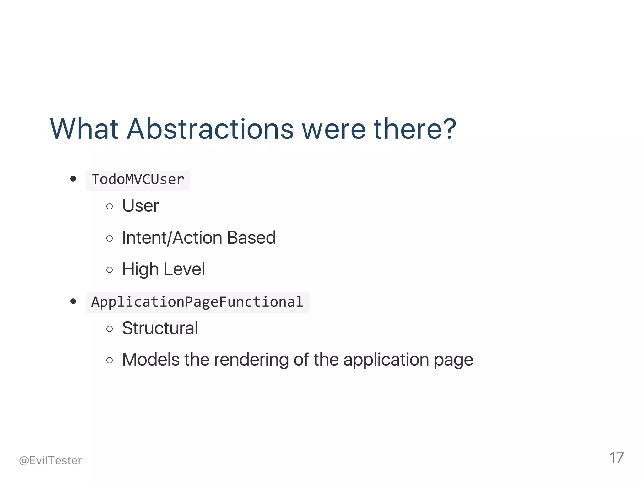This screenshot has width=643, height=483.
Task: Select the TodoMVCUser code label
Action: pos(138,180)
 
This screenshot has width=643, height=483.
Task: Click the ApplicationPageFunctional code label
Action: pos(197,302)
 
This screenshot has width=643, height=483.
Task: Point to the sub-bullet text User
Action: pos(140,206)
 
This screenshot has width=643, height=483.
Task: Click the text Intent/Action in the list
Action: pos(172,238)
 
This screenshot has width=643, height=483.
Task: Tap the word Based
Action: pos(251,238)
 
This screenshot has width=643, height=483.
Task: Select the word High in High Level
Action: pos(140,269)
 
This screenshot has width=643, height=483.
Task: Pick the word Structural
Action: pos(160,328)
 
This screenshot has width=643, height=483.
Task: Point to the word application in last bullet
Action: pos(386,360)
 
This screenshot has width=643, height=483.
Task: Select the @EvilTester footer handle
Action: pos(51,460)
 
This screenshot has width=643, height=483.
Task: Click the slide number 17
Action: pos(616,458)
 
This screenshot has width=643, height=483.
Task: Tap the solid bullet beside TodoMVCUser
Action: pos(73,179)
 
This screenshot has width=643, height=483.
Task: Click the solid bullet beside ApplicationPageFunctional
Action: pos(73,301)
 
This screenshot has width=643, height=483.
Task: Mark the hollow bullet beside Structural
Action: pos(110,329)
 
